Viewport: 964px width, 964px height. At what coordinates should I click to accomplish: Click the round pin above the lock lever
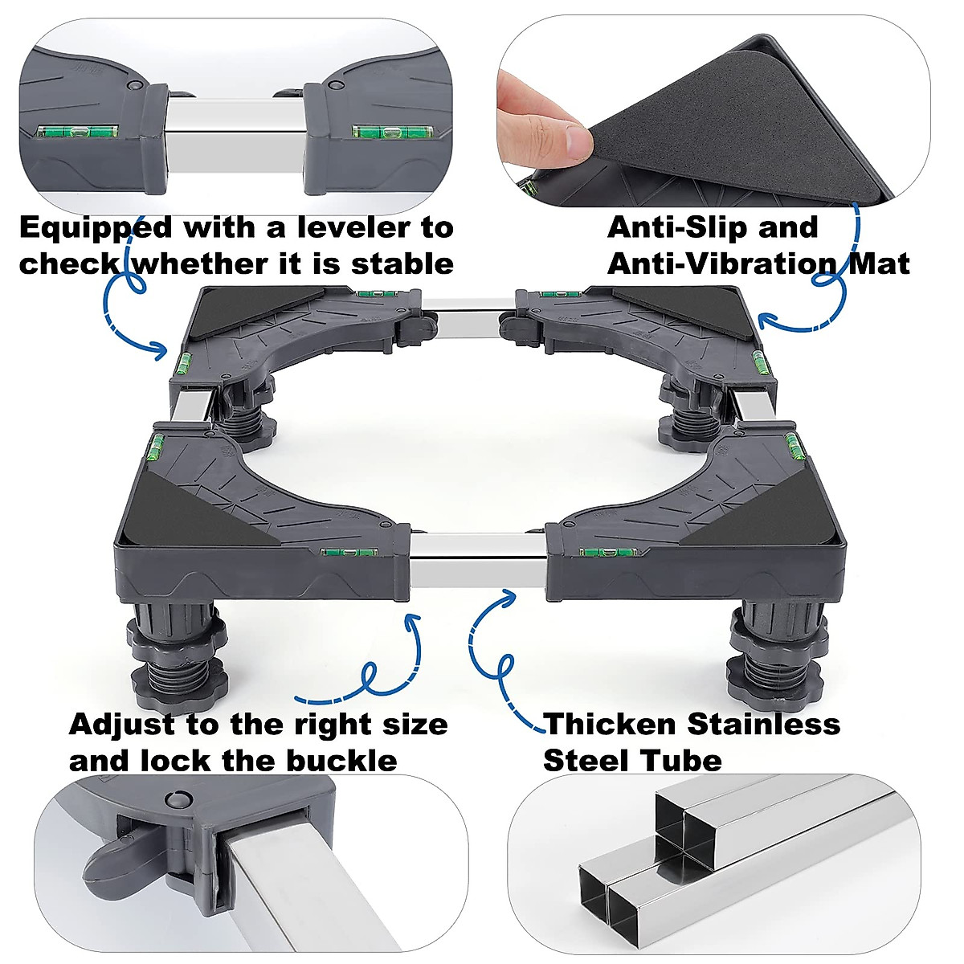point(174,799)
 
